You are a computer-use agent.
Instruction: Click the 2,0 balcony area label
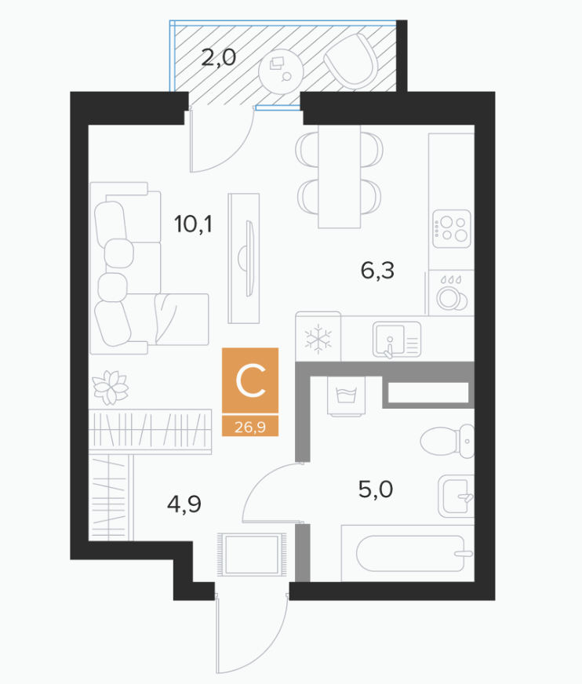tap(219, 57)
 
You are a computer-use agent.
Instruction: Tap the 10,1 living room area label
tap(193, 224)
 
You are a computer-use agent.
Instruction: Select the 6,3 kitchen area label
tap(377, 271)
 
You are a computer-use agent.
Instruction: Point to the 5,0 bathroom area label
tap(376, 489)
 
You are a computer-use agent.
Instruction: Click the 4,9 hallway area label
tap(184, 504)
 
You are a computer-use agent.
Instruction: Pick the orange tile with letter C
tap(250, 380)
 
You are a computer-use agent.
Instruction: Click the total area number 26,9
tap(250, 426)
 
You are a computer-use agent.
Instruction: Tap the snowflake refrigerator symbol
tap(318, 339)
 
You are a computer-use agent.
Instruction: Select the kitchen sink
tap(397, 340)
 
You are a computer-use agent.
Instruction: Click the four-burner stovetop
tap(452, 229)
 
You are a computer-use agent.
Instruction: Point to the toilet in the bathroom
tap(447, 441)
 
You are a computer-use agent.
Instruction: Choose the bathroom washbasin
tap(456, 497)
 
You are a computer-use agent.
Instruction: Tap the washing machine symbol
tap(347, 395)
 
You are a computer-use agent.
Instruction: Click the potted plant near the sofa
tap(111, 387)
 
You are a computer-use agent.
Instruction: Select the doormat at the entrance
tap(251, 554)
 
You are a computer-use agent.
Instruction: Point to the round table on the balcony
tap(281, 71)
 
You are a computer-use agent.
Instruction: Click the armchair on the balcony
tap(351, 60)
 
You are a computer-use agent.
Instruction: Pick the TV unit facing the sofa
tap(244, 259)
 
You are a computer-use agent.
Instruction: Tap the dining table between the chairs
tap(340, 176)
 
